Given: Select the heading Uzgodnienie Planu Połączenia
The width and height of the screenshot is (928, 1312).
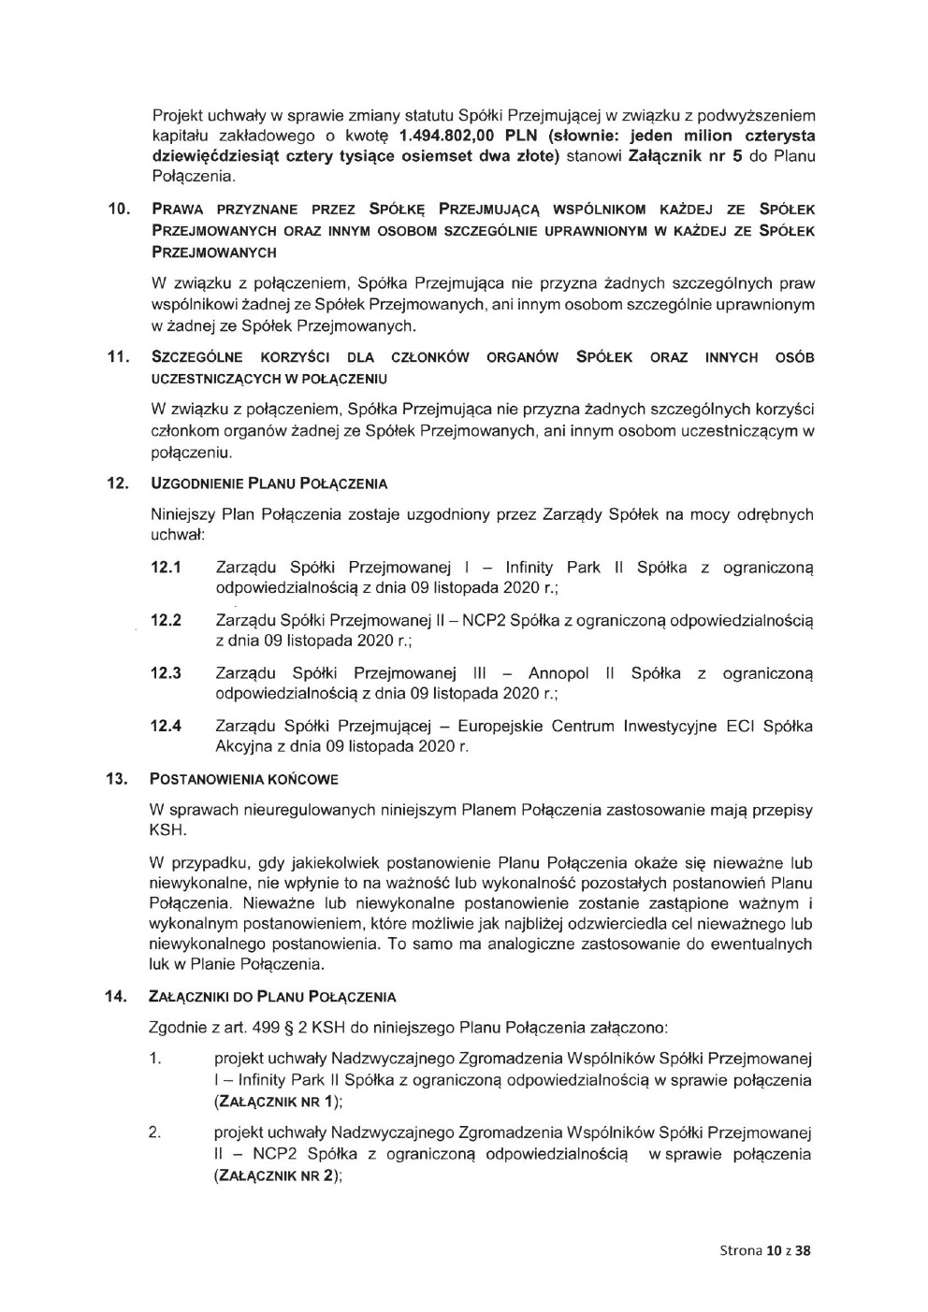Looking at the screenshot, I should pyautogui.click(x=268, y=483).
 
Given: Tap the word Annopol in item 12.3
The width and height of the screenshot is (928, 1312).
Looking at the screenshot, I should pyautogui.click(x=558, y=673).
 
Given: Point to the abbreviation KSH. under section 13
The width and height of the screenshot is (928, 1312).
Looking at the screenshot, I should pyautogui.click(x=168, y=829).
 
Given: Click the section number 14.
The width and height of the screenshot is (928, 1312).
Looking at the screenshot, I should pyautogui.click(x=117, y=997).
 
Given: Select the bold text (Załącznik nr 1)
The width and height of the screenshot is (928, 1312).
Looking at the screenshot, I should pyautogui.click(x=276, y=1102).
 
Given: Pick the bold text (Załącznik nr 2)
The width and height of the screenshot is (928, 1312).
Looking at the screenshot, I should pyautogui.click(x=276, y=1175).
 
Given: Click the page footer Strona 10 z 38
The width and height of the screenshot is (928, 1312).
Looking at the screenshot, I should pyautogui.click(x=764, y=1250).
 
